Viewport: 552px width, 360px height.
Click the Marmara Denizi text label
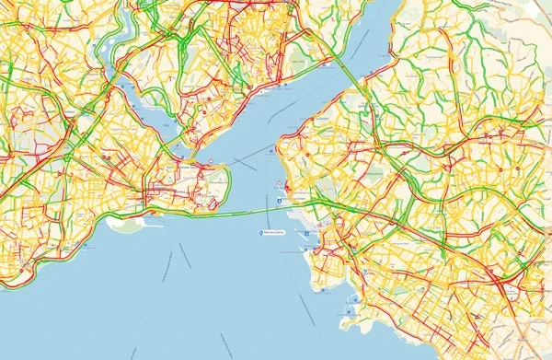(277, 234)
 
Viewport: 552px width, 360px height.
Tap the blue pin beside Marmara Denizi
(261, 234)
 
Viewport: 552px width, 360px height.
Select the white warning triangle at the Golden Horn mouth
(211, 160)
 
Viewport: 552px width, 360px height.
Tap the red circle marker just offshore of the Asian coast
(278, 184)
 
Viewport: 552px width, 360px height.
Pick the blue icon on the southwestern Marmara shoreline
(86, 247)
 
